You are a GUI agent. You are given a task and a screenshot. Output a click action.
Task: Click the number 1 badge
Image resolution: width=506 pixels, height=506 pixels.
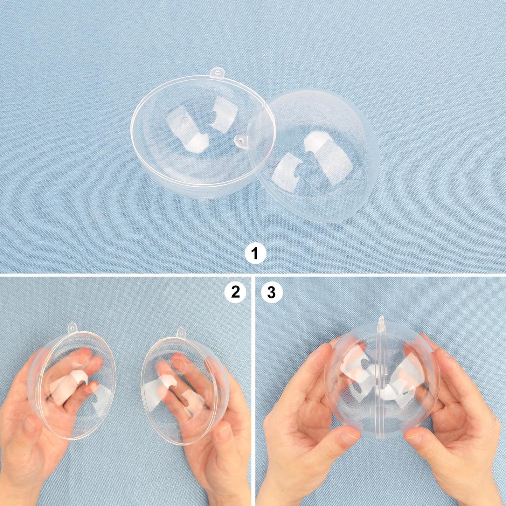(x=255, y=253)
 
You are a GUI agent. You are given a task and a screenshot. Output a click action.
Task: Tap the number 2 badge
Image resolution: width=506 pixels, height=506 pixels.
(x=235, y=292)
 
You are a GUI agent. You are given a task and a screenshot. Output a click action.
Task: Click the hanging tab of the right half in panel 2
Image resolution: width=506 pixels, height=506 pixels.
(x=181, y=332)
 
